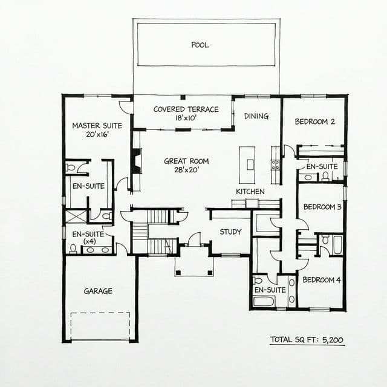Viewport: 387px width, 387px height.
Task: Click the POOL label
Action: [x=200, y=45]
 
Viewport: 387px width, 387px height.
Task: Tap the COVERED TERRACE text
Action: [x=181, y=109]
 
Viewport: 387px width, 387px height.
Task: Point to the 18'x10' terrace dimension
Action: [x=181, y=119]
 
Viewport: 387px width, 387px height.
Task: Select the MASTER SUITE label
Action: [x=97, y=126]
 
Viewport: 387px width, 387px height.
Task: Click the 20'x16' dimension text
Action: [x=97, y=135]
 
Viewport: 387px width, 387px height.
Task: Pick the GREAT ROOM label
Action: [x=186, y=161]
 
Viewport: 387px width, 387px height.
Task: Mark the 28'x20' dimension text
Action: [x=186, y=170]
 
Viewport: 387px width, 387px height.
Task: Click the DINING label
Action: [x=256, y=116]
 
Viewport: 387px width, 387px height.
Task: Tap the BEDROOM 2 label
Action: [x=315, y=122]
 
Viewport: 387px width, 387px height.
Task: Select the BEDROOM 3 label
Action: [x=322, y=207]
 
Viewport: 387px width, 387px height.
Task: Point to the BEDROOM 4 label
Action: [x=322, y=280]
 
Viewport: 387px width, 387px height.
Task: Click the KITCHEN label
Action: [x=250, y=192]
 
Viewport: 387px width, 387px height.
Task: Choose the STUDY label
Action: [x=230, y=232]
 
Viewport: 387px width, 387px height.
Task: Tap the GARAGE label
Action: [x=98, y=291]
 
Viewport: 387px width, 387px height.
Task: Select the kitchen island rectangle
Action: [x=247, y=164]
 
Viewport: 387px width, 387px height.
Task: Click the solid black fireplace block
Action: [x=136, y=161]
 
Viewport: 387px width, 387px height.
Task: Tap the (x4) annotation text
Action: [x=89, y=241]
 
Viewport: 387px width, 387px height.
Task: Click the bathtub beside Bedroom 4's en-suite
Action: [x=264, y=301]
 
